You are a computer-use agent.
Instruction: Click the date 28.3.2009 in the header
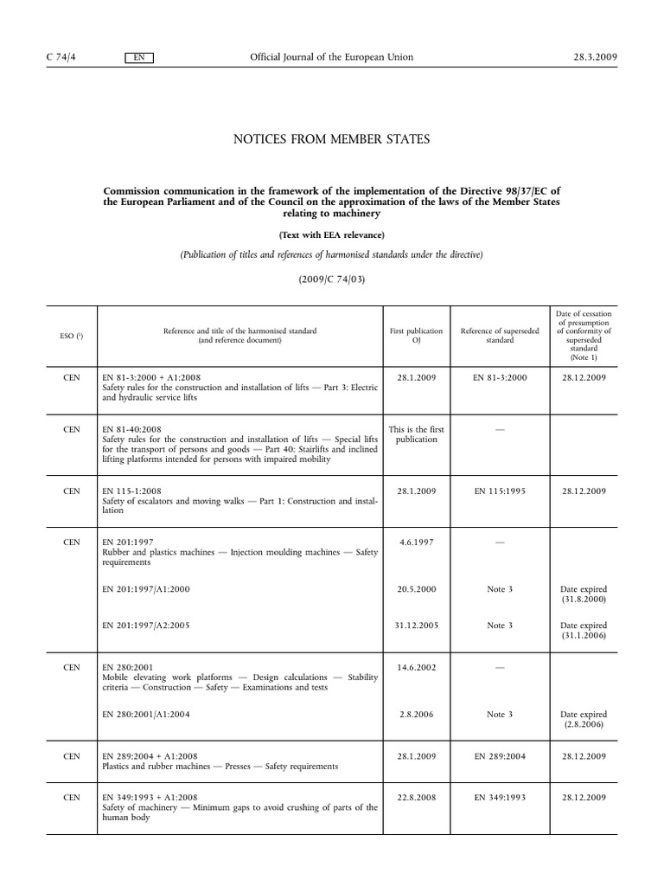(595, 57)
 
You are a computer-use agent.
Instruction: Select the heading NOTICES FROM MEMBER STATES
(332, 139)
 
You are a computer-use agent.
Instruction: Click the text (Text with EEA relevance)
(332, 234)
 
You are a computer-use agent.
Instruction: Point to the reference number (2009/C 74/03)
(332, 279)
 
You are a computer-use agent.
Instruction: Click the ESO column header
(73, 336)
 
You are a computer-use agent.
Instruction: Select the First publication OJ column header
(417, 336)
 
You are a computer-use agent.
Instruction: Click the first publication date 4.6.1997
(417, 542)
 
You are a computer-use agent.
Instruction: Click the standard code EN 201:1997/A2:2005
(145, 626)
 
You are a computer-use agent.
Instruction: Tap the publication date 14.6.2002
(417, 667)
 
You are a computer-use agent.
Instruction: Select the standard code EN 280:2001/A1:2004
(145, 714)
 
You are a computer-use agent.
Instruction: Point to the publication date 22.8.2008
(417, 797)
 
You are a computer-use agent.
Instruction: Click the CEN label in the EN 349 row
(73, 797)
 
